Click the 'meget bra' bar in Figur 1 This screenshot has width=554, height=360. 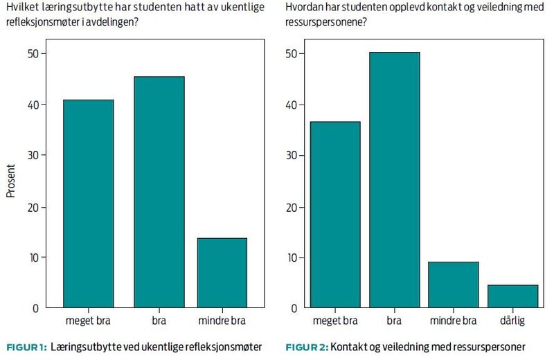tap(89, 204)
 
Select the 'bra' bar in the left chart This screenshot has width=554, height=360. tap(159, 192)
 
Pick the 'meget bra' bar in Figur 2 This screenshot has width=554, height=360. tap(336, 215)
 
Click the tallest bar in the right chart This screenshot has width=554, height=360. tap(394, 180)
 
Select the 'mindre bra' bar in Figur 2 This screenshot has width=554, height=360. tap(454, 285)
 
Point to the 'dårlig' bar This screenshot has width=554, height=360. tap(513, 296)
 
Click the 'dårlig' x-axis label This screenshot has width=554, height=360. tap(513, 321)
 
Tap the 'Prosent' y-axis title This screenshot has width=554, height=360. tap(11, 181)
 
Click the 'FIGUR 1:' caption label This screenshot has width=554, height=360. tap(26, 347)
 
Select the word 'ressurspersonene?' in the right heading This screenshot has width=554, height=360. tap(325, 22)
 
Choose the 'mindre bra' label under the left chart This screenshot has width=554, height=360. tap(222, 321)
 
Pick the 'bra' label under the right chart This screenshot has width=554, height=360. tap(394, 321)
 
